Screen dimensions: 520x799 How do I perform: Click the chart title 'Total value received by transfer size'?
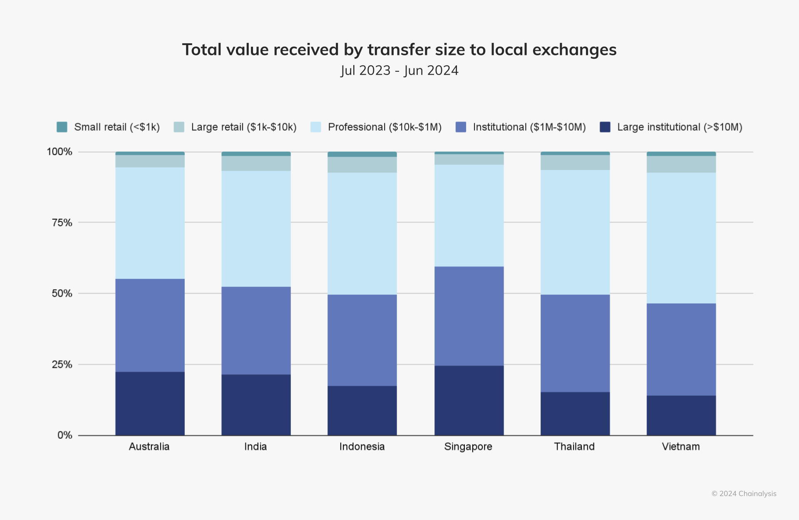(x=399, y=50)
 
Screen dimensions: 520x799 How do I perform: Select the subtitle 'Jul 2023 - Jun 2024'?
(x=399, y=70)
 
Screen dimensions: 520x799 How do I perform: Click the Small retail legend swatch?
(x=62, y=127)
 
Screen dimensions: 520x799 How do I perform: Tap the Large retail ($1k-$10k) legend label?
(x=243, y=127)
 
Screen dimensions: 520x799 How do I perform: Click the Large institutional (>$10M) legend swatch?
(x=605, y=127)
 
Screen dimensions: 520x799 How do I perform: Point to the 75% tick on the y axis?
(x=62, y=222)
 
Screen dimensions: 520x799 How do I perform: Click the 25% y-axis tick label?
(x=62, y=365)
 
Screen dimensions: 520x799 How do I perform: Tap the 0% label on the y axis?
(x=65, y=435)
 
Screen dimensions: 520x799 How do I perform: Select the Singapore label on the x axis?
(x=468, y=447)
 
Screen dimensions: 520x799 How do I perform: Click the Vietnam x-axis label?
(x=681, y=447)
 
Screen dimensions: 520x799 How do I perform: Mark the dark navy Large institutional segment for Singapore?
(x=469, y=400)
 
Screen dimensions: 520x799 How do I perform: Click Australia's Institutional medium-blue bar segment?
(x=150, y=325)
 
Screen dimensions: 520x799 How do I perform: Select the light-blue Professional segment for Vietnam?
(x=681, y=238)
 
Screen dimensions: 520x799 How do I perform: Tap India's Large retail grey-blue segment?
(x=256, y=163)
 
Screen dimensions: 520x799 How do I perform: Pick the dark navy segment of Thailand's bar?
(x=575, y=413)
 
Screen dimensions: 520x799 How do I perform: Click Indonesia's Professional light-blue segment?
(x=362, y=234)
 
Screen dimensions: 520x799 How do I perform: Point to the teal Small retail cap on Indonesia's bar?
(x=362, y=154)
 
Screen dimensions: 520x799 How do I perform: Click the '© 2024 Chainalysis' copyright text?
(x=744, y=494)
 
